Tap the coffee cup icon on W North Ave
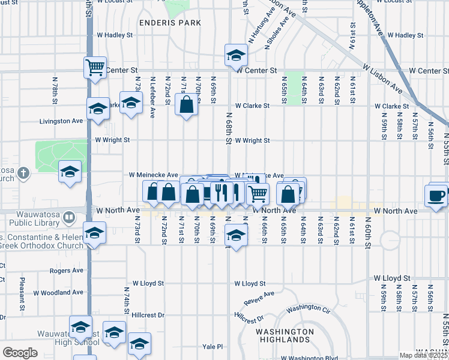coord(436,195)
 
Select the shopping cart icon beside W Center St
coord(95,67)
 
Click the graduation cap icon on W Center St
coord(237,55)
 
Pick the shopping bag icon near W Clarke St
coord(187,106)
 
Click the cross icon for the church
coord(23,173)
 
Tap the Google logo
coord(20,353)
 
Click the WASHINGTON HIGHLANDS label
coord(285,335)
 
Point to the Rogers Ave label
coord(66,271)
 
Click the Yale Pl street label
coord(212,346)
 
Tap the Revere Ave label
coord(259,297)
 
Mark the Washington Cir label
coord(309,309)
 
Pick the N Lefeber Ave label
coord(153,96)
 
